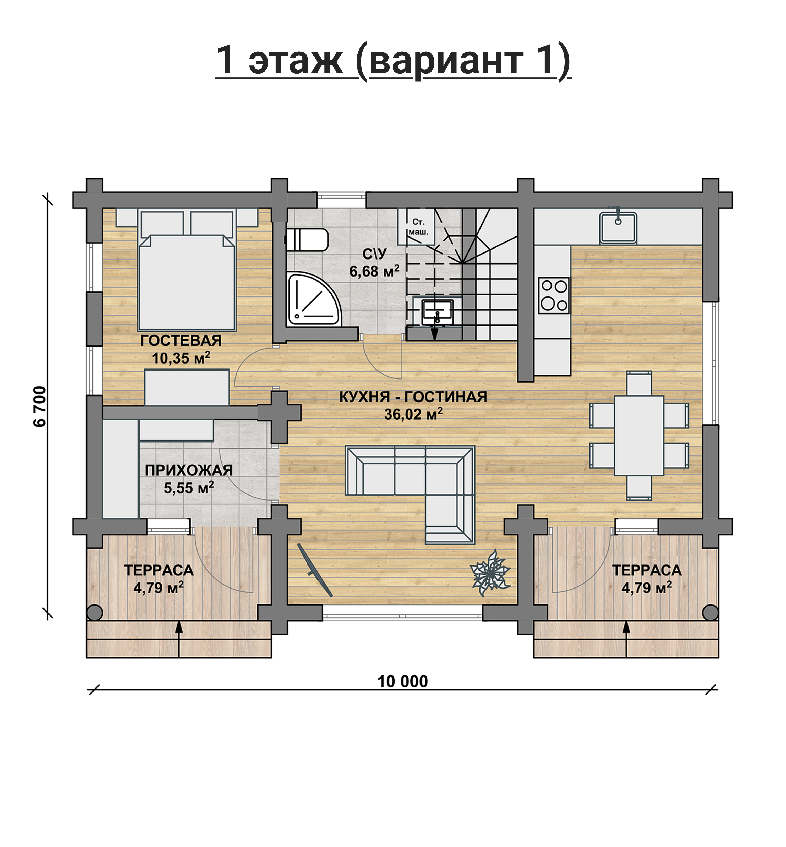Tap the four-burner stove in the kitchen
[553, 295]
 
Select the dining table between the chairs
[639, 435]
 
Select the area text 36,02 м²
[413, 414]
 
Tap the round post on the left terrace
[94, 613]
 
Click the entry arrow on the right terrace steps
[626, 639]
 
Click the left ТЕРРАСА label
[159, 570]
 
